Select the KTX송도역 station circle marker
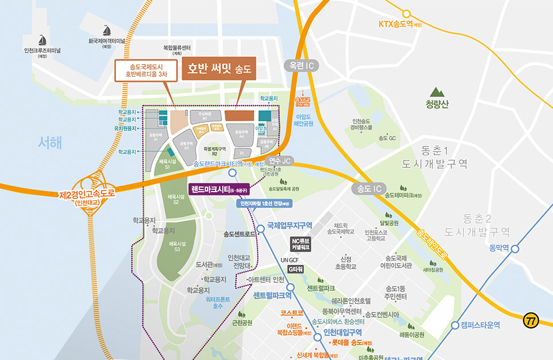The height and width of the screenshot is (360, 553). tap(407, 13)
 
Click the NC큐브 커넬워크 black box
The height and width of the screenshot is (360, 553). tap(300, 244)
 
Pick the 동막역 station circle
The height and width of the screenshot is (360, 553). tap(515, 249)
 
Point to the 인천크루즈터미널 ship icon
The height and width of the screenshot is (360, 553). tap(42, 40)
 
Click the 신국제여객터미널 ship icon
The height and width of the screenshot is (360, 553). tap(107, 31)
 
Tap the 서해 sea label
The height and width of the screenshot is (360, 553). tap(49, 142)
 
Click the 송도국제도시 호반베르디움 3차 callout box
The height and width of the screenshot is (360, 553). tap(145, 70)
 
